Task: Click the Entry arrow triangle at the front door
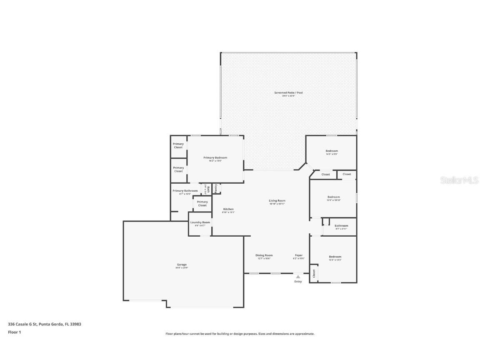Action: tap(298, 276)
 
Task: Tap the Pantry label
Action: tap(216, 189)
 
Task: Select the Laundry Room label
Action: tap(200, 222)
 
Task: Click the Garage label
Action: tap(182, 265)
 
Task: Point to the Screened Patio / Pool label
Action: tap(288, 92)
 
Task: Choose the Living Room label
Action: tap(277, 200)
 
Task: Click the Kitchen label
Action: tap(228, 209)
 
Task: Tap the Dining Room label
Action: tap(264, 255)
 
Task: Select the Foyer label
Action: tap(299, 255)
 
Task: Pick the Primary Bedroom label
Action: tap(215, 157)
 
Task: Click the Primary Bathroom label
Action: tap(185, 191)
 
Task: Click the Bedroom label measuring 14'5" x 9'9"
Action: tap(332, 151)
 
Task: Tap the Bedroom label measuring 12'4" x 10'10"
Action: tap(333, 197)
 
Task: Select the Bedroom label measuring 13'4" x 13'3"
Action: tap(335, 257)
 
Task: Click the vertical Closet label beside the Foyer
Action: tap(314, 273)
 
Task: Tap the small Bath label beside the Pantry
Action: tap(205, 189)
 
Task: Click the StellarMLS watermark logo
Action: tap(460, 180)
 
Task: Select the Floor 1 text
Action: tap(14, 332)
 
